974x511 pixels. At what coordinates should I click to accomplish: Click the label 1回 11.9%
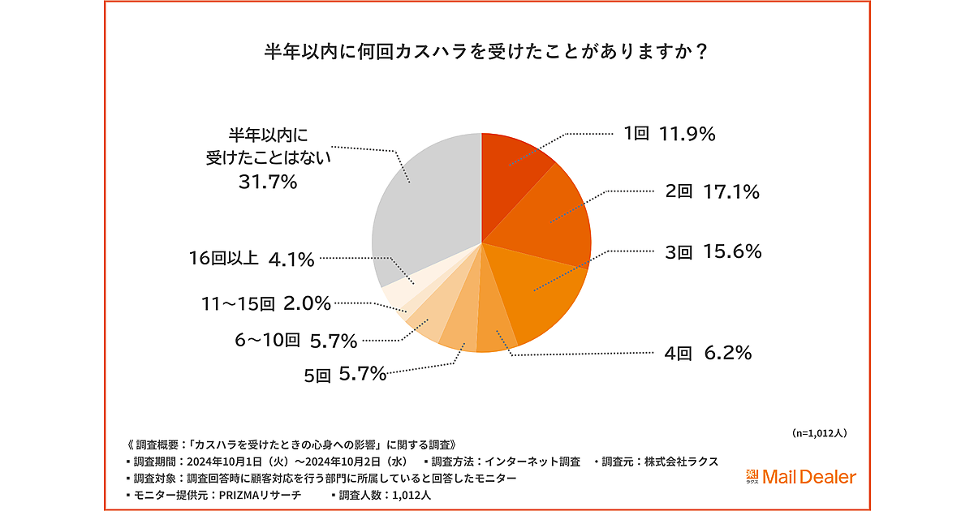click(669, 135)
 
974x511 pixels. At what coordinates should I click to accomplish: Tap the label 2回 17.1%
click(712, 192)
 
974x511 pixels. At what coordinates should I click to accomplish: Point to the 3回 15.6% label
click(713, 252)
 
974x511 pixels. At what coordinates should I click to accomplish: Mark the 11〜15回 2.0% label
click(266, 304)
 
